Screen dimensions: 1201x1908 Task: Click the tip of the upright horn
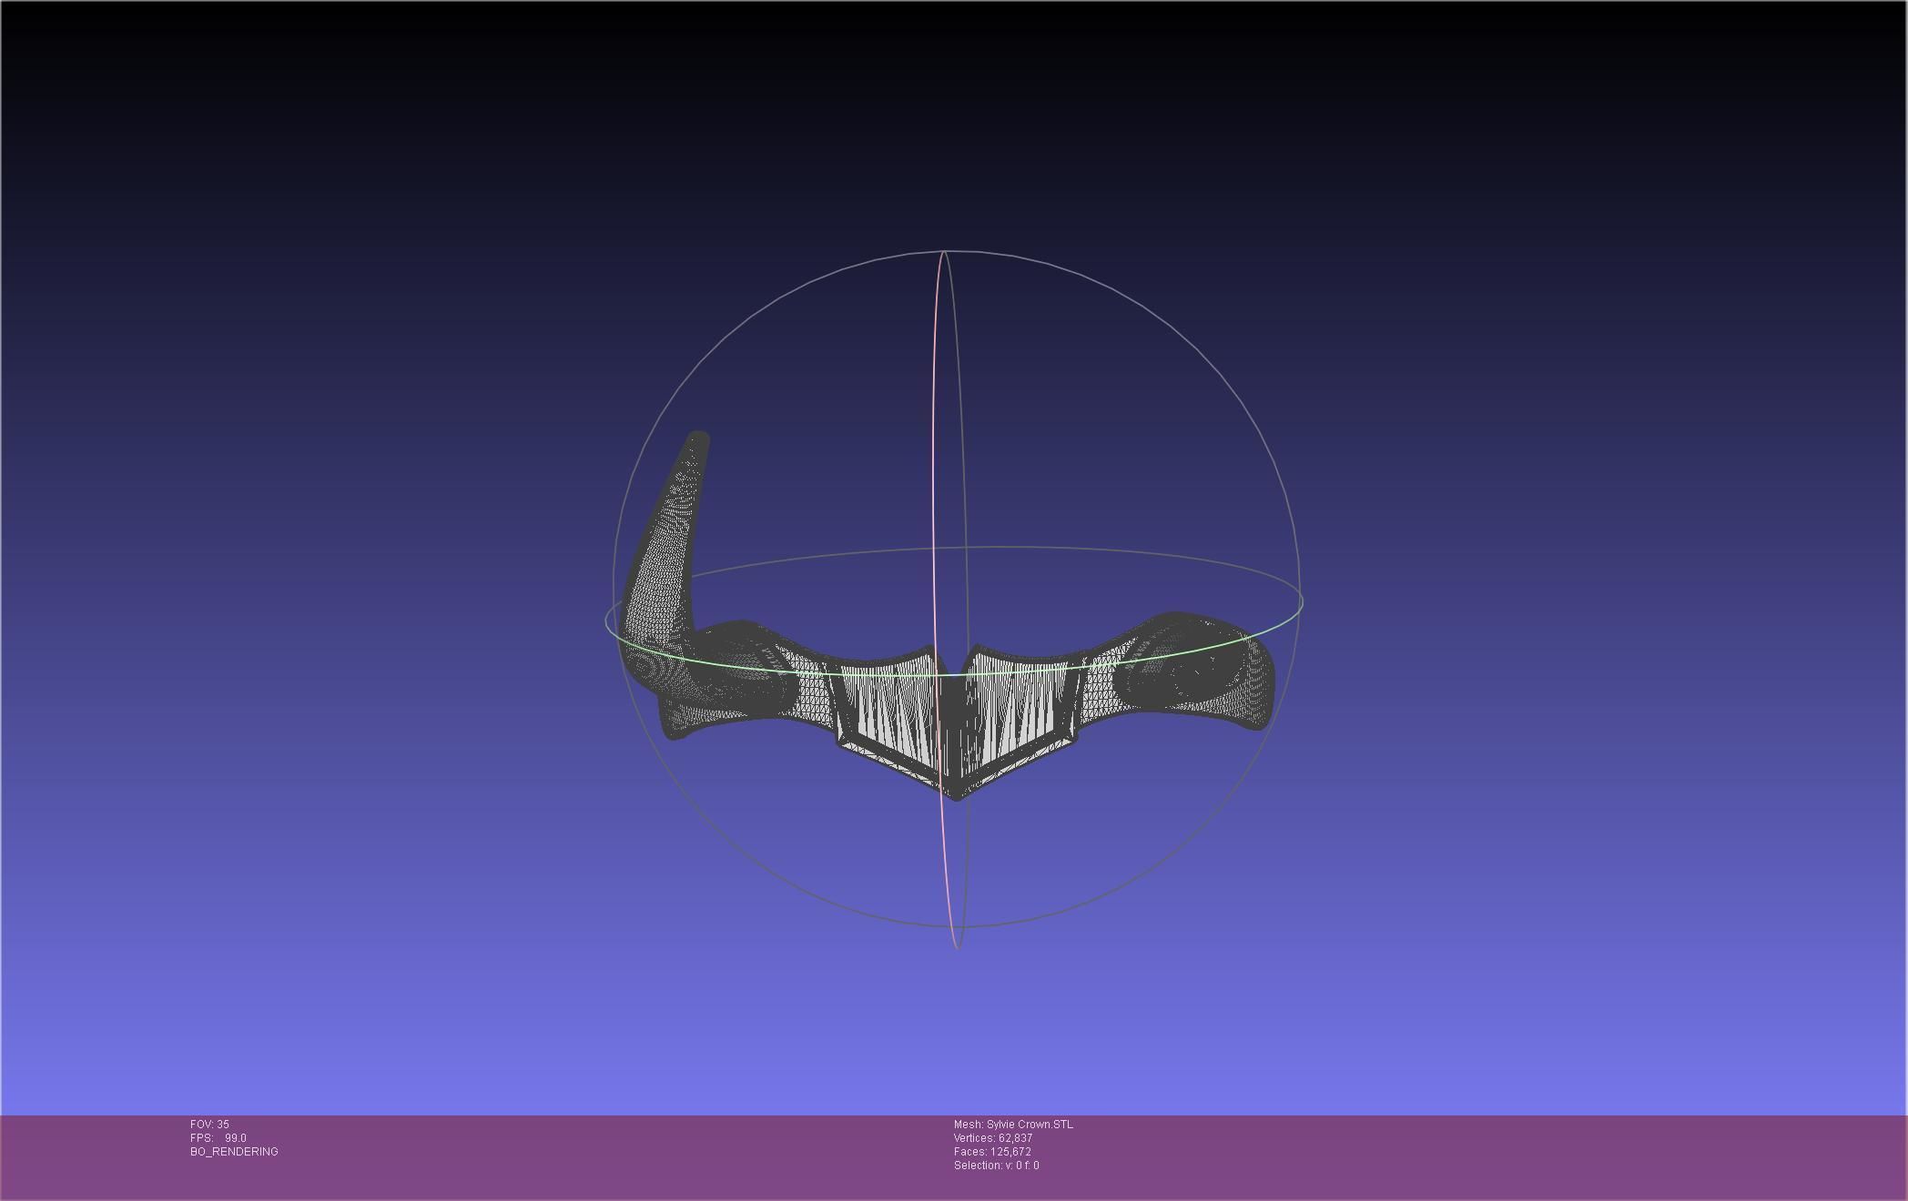(x=698, y=438)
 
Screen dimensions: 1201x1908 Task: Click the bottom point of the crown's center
(x=955, y=797)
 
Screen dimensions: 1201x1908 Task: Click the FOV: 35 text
(x=209, y=1125)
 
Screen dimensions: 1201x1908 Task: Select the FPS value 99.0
(x=236, y=1138)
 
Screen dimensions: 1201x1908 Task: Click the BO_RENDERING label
(x=234, y=1152)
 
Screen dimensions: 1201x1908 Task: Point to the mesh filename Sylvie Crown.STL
(x=1030, y=1125)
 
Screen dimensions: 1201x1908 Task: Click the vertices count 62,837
(x=1015, y=1138)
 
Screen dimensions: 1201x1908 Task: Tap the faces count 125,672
(x=1014, y=1152)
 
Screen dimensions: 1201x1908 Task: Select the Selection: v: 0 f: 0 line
(x=996, y=1166)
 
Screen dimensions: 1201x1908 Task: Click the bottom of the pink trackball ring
(x=957, y=947)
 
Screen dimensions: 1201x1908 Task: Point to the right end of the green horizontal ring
(x=1302, y=600)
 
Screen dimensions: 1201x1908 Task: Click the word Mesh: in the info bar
(x=969, y=1125)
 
